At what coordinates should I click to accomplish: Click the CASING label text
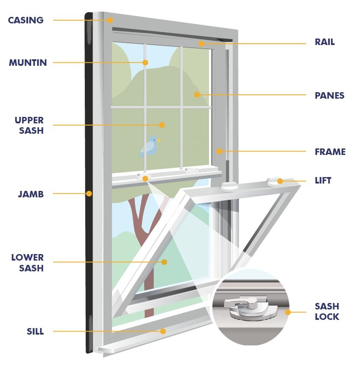point(26,20)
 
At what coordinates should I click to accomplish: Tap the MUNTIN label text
point(28,63)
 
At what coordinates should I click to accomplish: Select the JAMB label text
point(30,194)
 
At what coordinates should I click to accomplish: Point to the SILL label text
point(35,332)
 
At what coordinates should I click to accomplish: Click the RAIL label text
point(325,43)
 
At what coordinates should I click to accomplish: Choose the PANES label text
point(329,96)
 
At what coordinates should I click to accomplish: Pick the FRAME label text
point(330,152)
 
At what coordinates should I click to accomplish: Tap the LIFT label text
point(323,180)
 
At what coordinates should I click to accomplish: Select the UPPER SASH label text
point(29,125)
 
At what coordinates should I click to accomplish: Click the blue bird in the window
point(150,146)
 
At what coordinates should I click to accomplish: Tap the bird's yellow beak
point(159,140)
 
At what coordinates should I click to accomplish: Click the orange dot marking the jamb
point(89,193)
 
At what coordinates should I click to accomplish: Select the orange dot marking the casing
point(110,20)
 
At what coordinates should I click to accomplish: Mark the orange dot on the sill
point(163,331)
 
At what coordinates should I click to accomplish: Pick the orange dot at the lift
point(280,181)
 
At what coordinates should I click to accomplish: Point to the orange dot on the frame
point(219,151)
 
